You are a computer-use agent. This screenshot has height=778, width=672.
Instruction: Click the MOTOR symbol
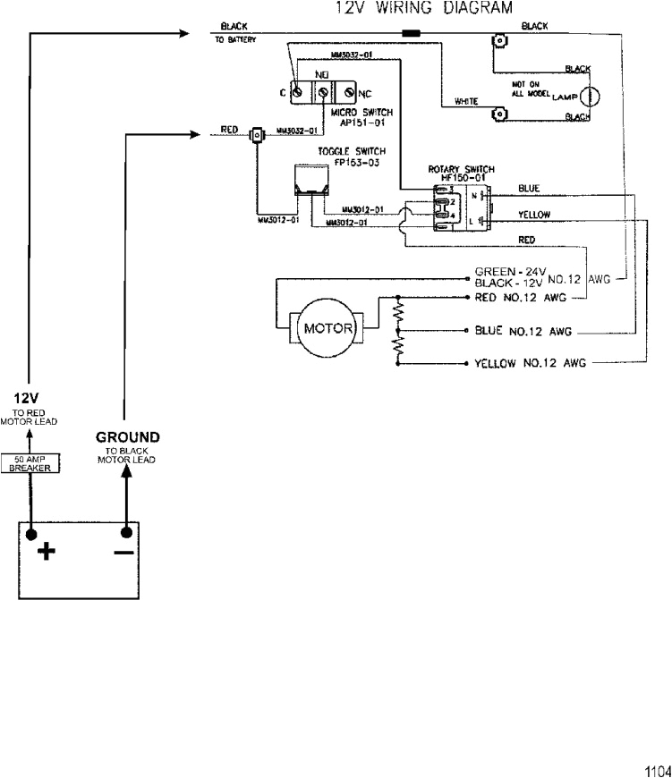point(326,327)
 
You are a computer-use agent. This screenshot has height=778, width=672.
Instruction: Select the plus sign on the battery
point(46,551)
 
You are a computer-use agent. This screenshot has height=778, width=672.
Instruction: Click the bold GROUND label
point(127,437)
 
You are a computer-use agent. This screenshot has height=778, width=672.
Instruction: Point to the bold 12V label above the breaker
point(23,396)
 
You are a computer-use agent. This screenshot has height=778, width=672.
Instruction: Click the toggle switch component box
point(310,182)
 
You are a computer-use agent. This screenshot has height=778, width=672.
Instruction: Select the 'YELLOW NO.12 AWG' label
point(530,364)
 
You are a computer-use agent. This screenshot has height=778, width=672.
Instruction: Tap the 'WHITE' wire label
point(465,102)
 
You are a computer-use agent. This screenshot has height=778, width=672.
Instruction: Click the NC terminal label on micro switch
point(365,93)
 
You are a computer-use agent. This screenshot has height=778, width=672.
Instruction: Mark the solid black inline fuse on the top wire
point(412,34)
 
